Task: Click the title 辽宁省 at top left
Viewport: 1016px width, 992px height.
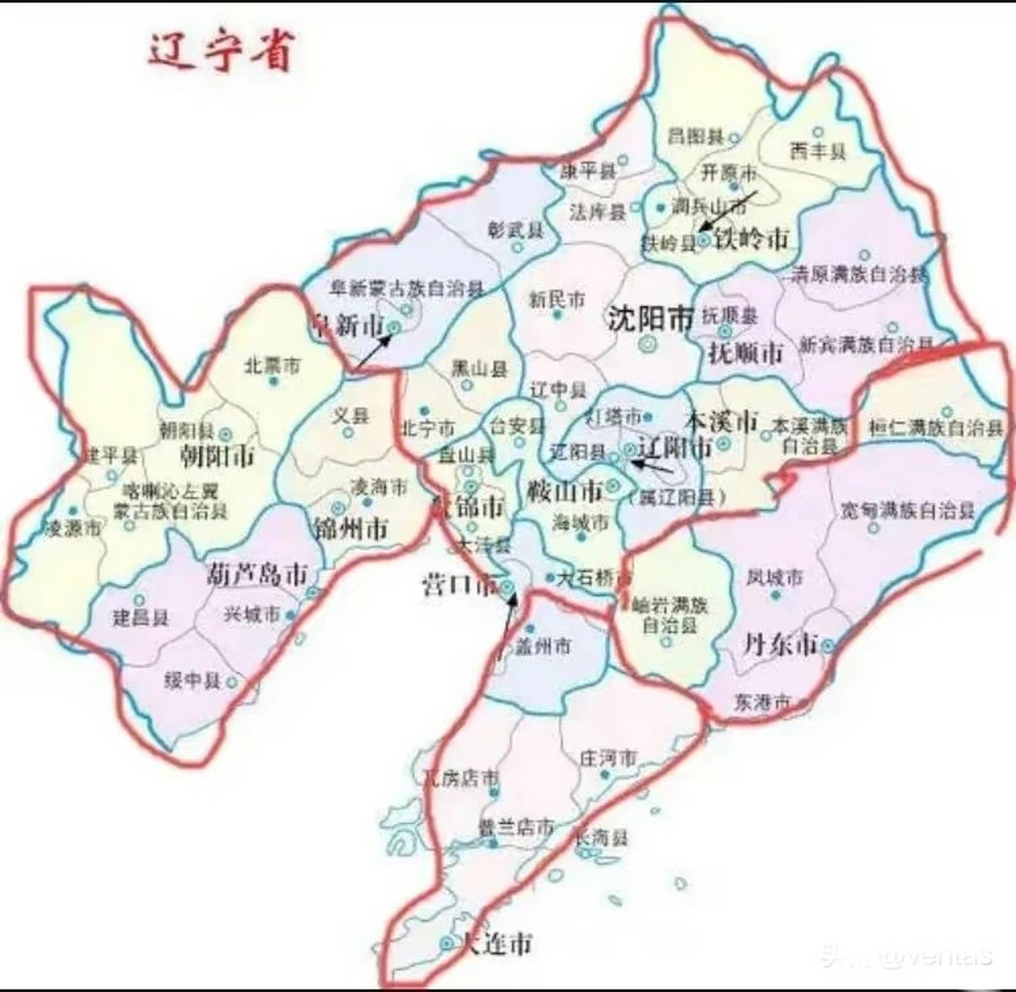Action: click(221, 53)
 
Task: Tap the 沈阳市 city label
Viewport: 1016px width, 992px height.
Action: click(649, 318)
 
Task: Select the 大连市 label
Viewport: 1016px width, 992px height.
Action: click(496, 944)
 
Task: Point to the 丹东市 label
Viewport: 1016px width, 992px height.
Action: click(780, 643)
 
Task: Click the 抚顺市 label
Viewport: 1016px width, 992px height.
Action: click(746, 353)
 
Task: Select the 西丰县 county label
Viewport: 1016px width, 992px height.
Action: click(817, 152)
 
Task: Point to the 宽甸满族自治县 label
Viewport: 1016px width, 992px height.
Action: click(908, 511)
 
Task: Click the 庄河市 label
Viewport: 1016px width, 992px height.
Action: click(608, 757)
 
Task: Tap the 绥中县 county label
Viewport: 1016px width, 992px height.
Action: click(192, 681)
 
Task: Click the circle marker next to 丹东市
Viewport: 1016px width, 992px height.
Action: click(828, 645)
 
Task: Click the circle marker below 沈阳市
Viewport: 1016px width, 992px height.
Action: click(646, 343)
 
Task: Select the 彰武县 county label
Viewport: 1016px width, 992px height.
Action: click(515, 230)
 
